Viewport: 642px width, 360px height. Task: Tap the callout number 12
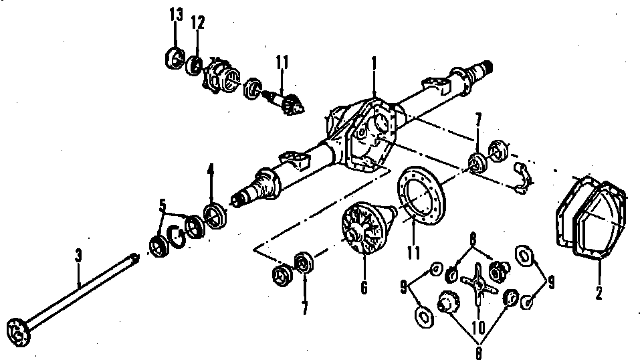[197, 22]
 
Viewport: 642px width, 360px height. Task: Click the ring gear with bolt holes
[419, 194]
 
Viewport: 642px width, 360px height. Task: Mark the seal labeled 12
[195, 64]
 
